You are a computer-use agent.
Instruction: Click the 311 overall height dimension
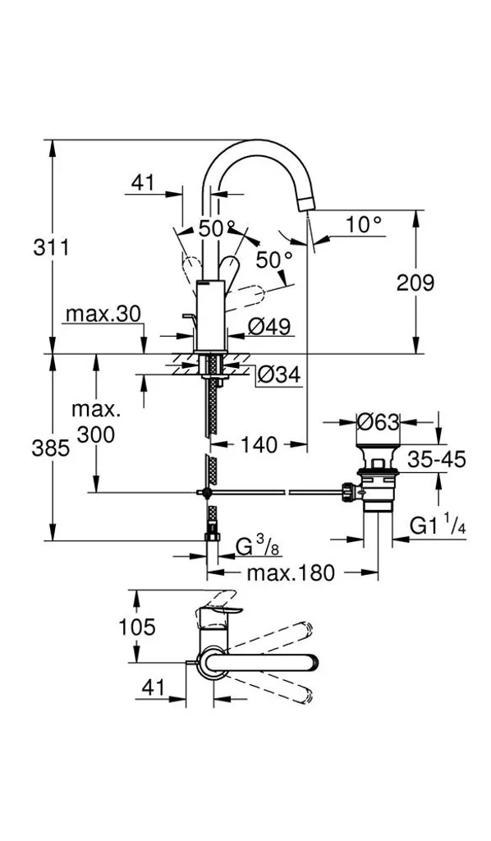[x=52, y=248]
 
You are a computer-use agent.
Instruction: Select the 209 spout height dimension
[x=415, y=283]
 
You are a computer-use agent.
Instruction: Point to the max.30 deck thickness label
[x=103, y=315]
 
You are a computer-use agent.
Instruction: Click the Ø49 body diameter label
[x=269, y=325]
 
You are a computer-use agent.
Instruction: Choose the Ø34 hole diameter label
[x=278, y=375]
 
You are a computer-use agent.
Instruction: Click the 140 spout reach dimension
[x=259, y=444]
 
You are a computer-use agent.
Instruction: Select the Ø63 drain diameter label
[x=379, y=423]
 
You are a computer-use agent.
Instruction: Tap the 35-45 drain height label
[x=436, y=459]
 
